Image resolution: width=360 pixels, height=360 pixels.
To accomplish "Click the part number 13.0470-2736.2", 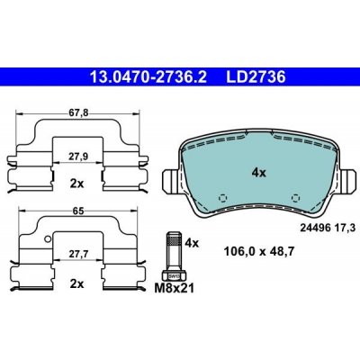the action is pos(148,77).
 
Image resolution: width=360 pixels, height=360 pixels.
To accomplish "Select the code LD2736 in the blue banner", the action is pos(256,77).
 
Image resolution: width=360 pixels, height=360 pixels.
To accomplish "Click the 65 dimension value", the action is pos(77,211).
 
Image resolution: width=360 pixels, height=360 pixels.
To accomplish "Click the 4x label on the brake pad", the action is pos(258,173).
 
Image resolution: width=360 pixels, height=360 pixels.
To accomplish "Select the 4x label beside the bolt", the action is pos(192,242).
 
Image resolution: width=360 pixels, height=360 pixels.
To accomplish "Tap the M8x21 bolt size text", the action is pos(175,288).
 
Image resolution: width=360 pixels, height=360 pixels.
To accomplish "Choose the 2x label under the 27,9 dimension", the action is pos(77,184).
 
